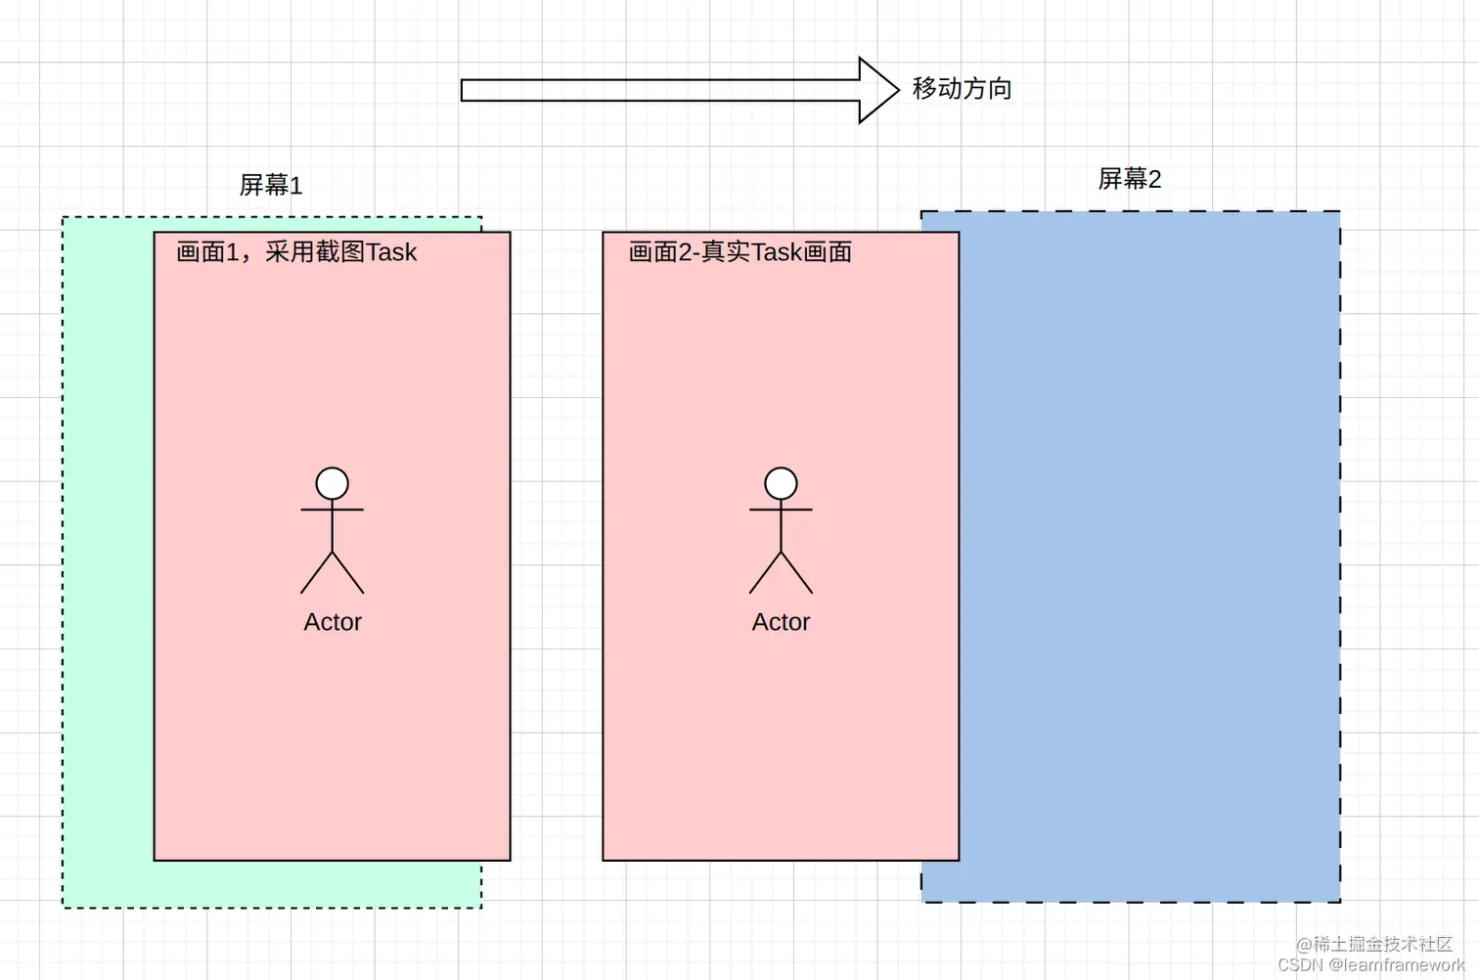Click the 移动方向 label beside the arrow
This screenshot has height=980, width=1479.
pyautogui.click(x=962, y=89)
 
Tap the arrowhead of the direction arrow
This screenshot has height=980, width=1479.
pyautogui.click(x=877, y=90)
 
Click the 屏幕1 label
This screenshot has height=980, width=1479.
pyautogui.click(x=271, y=185)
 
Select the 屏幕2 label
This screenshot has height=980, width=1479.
pyautogui.click(x=1129, y=179)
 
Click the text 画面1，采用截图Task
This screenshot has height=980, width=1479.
pyautogui.click(x=296, y=252)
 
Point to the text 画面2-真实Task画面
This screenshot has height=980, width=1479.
pyautogui.click(x=739, y=252)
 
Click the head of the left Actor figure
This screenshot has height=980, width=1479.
pyautogui.click(x=333, y=483)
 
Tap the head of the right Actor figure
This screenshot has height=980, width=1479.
pyautogui.click(x=781, y=483)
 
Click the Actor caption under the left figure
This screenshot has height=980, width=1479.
pyautogui.click(x=333, y=622)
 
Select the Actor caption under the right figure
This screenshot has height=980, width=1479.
pyautogui.click(x=781, y=622)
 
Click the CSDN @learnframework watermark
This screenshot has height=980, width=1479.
pyautogui.click(x=1370, y=965)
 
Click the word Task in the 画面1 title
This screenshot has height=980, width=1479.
pyautogui.click(x=391, y=252)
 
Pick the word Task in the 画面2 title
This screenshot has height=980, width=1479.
pyautogui.click(x=777, y=252)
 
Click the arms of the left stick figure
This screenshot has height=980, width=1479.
pyautogui.click(x=333, y=510)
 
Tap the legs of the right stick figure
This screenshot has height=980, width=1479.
pyautogui.click(x=781, y=574)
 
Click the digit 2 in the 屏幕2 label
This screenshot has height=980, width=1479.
pyautogui.click(x=1155, y=179)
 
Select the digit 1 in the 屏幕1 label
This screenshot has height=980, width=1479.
pyautogui.click(x=297, y=185)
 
